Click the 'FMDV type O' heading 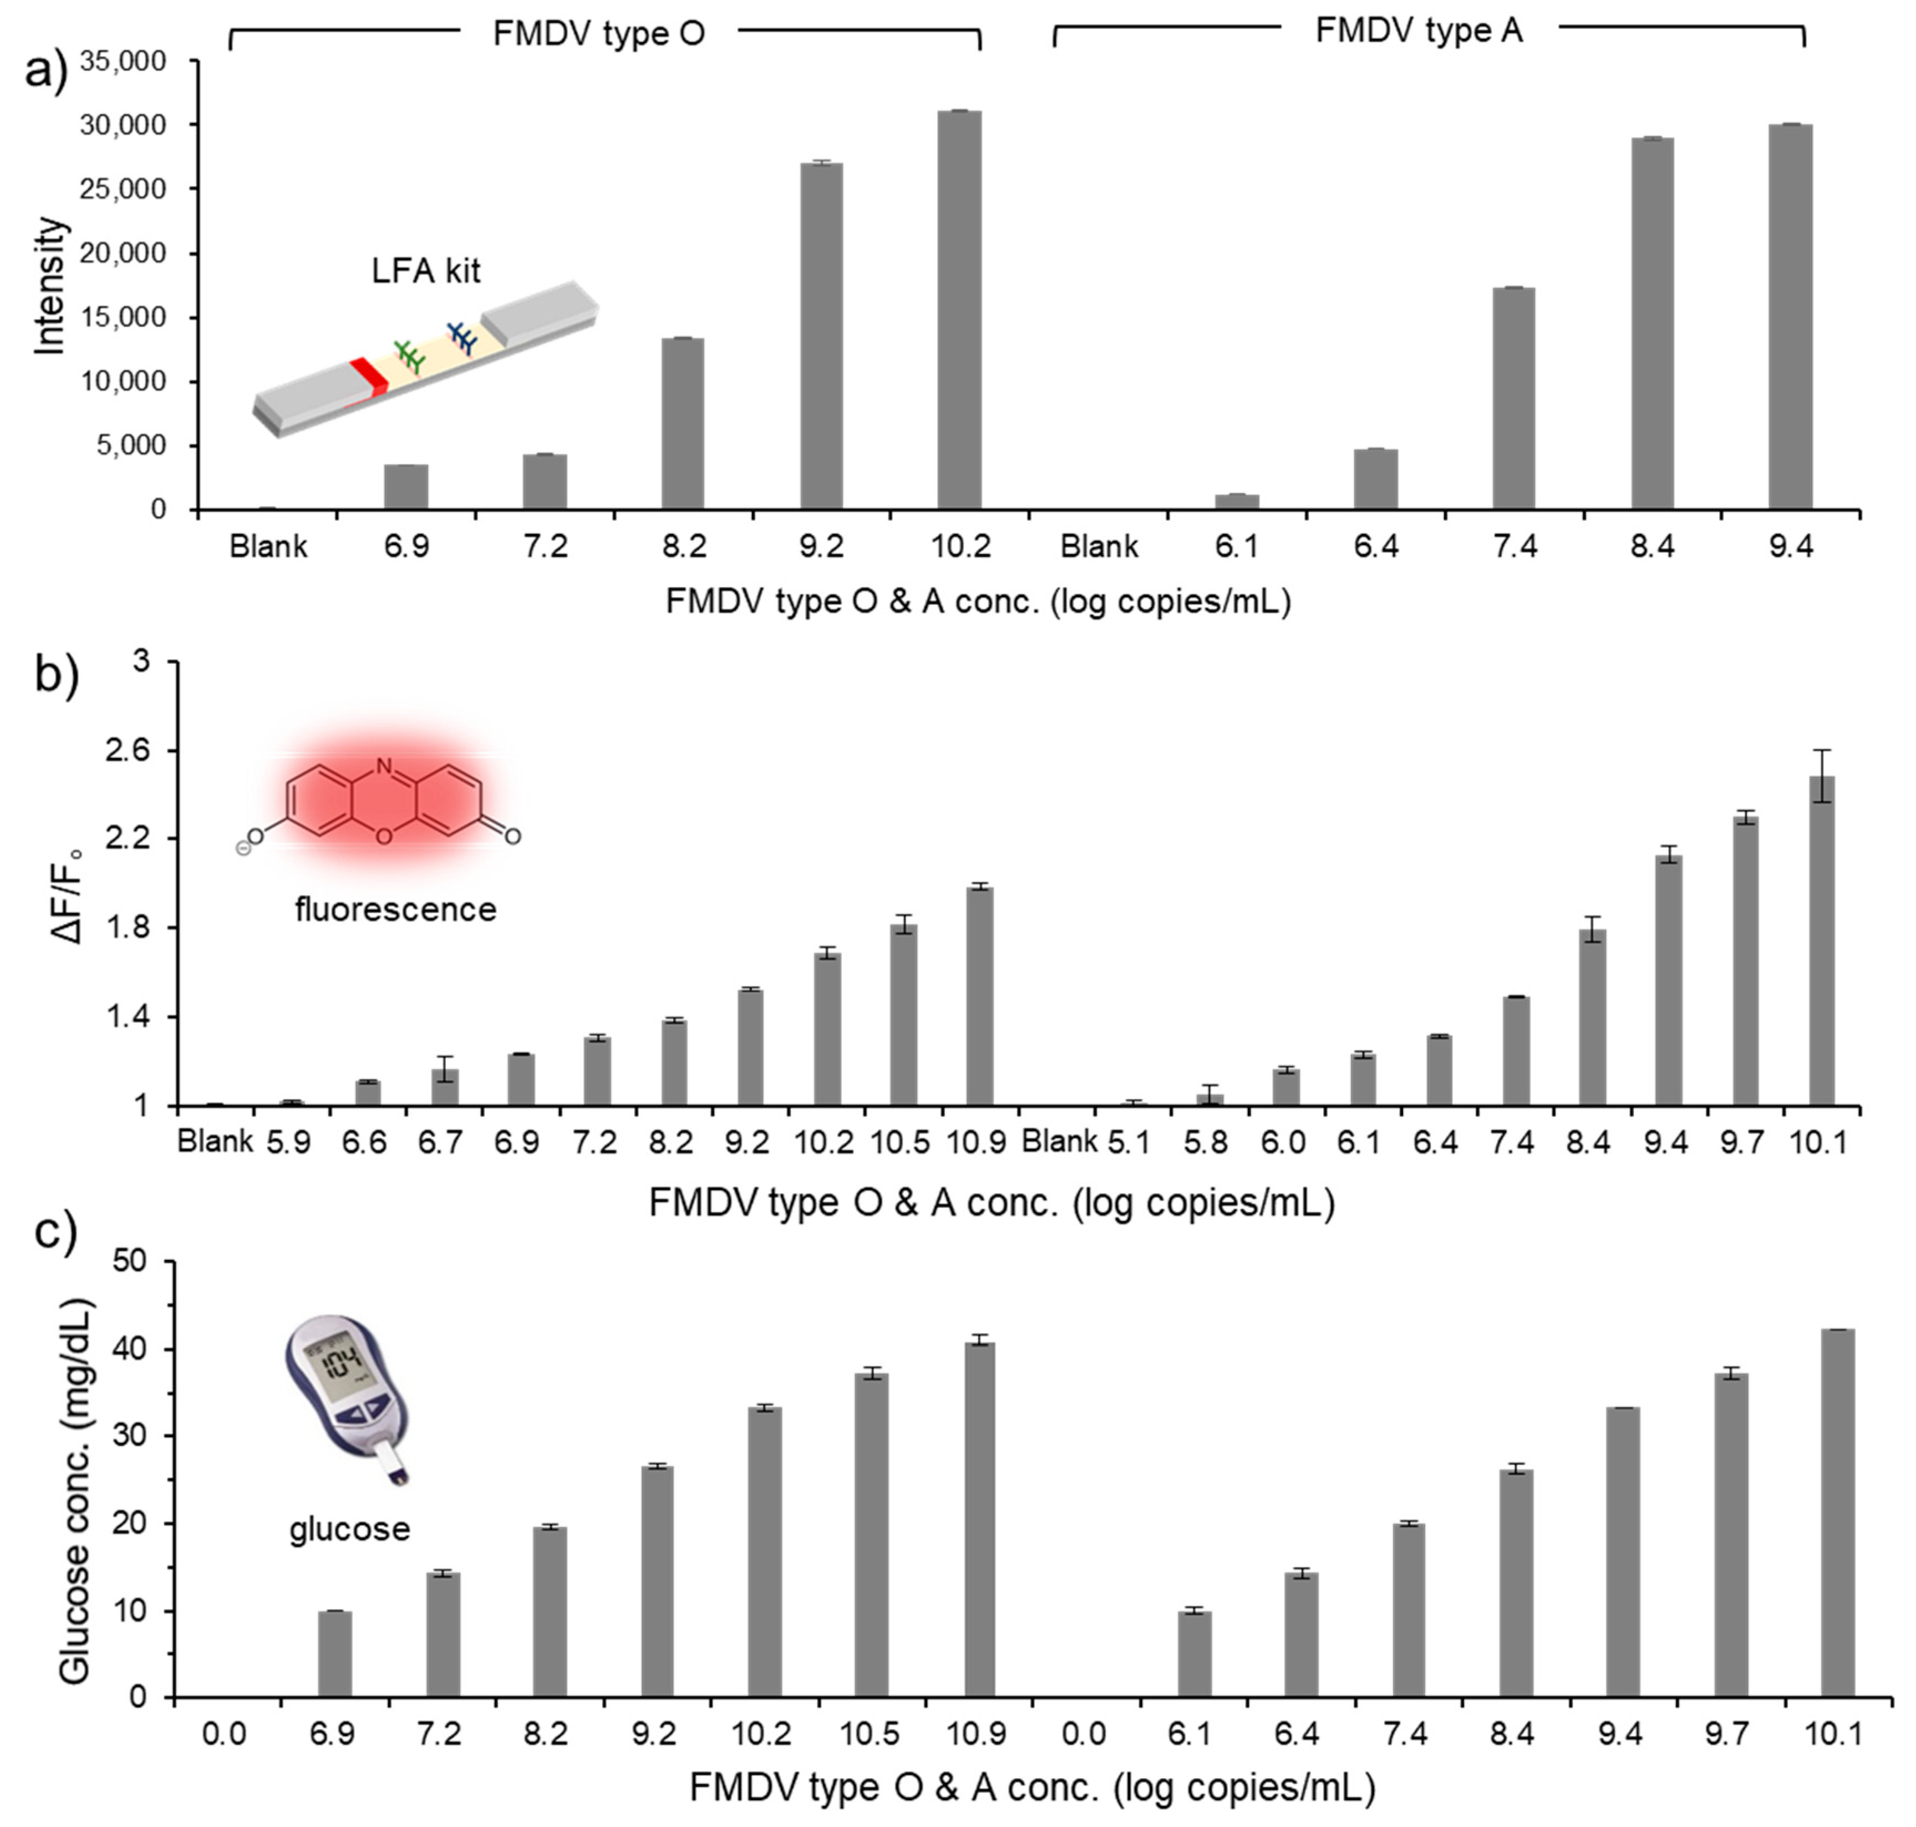598,34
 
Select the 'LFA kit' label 426,271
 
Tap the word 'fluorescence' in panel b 395,909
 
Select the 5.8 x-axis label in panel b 1206,1141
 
